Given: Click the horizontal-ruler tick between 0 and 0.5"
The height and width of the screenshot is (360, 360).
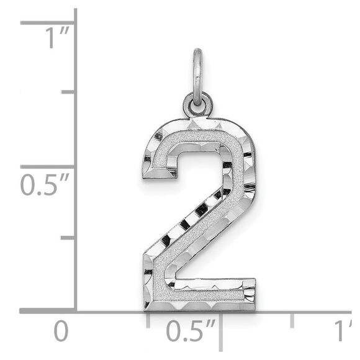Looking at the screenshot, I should (148, 319).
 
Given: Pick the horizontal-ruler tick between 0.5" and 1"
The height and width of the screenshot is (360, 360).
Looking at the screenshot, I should (292, 319).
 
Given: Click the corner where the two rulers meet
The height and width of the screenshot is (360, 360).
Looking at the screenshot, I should (76, 310).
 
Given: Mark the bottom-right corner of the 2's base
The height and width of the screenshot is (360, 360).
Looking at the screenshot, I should (254, 309).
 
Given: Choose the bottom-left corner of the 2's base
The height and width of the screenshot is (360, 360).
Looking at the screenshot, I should (145, 309).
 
